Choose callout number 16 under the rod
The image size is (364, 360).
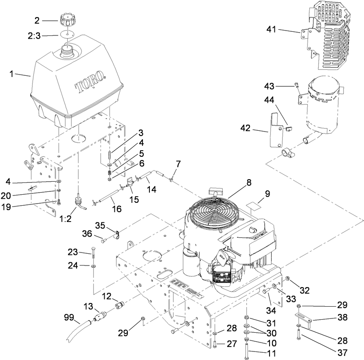point(116,209)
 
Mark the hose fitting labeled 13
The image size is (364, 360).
point(100,316)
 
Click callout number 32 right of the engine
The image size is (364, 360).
point(305,291)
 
